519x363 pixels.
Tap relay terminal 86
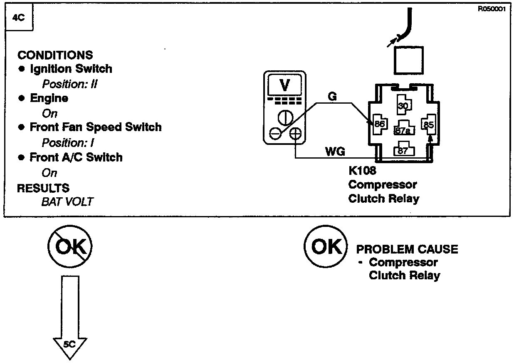[380, 124]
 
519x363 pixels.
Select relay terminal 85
[428, 124]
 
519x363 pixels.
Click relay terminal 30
[403, 106]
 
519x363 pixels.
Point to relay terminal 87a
[403, 129]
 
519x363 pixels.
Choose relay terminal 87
[403, 150]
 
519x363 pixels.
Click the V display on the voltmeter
[285, 85]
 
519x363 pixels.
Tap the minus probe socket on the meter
[275, 134]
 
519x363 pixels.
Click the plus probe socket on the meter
[295, 134]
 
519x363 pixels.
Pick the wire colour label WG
[335, 152]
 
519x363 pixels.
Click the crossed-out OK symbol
[70, 247]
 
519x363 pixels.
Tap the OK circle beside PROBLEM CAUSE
[325, 247]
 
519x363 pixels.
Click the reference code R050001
[492, 10]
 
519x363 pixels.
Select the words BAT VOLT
[67, 202]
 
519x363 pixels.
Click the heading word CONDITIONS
[55, 55]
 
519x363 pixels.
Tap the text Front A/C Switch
[76, 157]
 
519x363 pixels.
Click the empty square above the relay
[408, 60]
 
